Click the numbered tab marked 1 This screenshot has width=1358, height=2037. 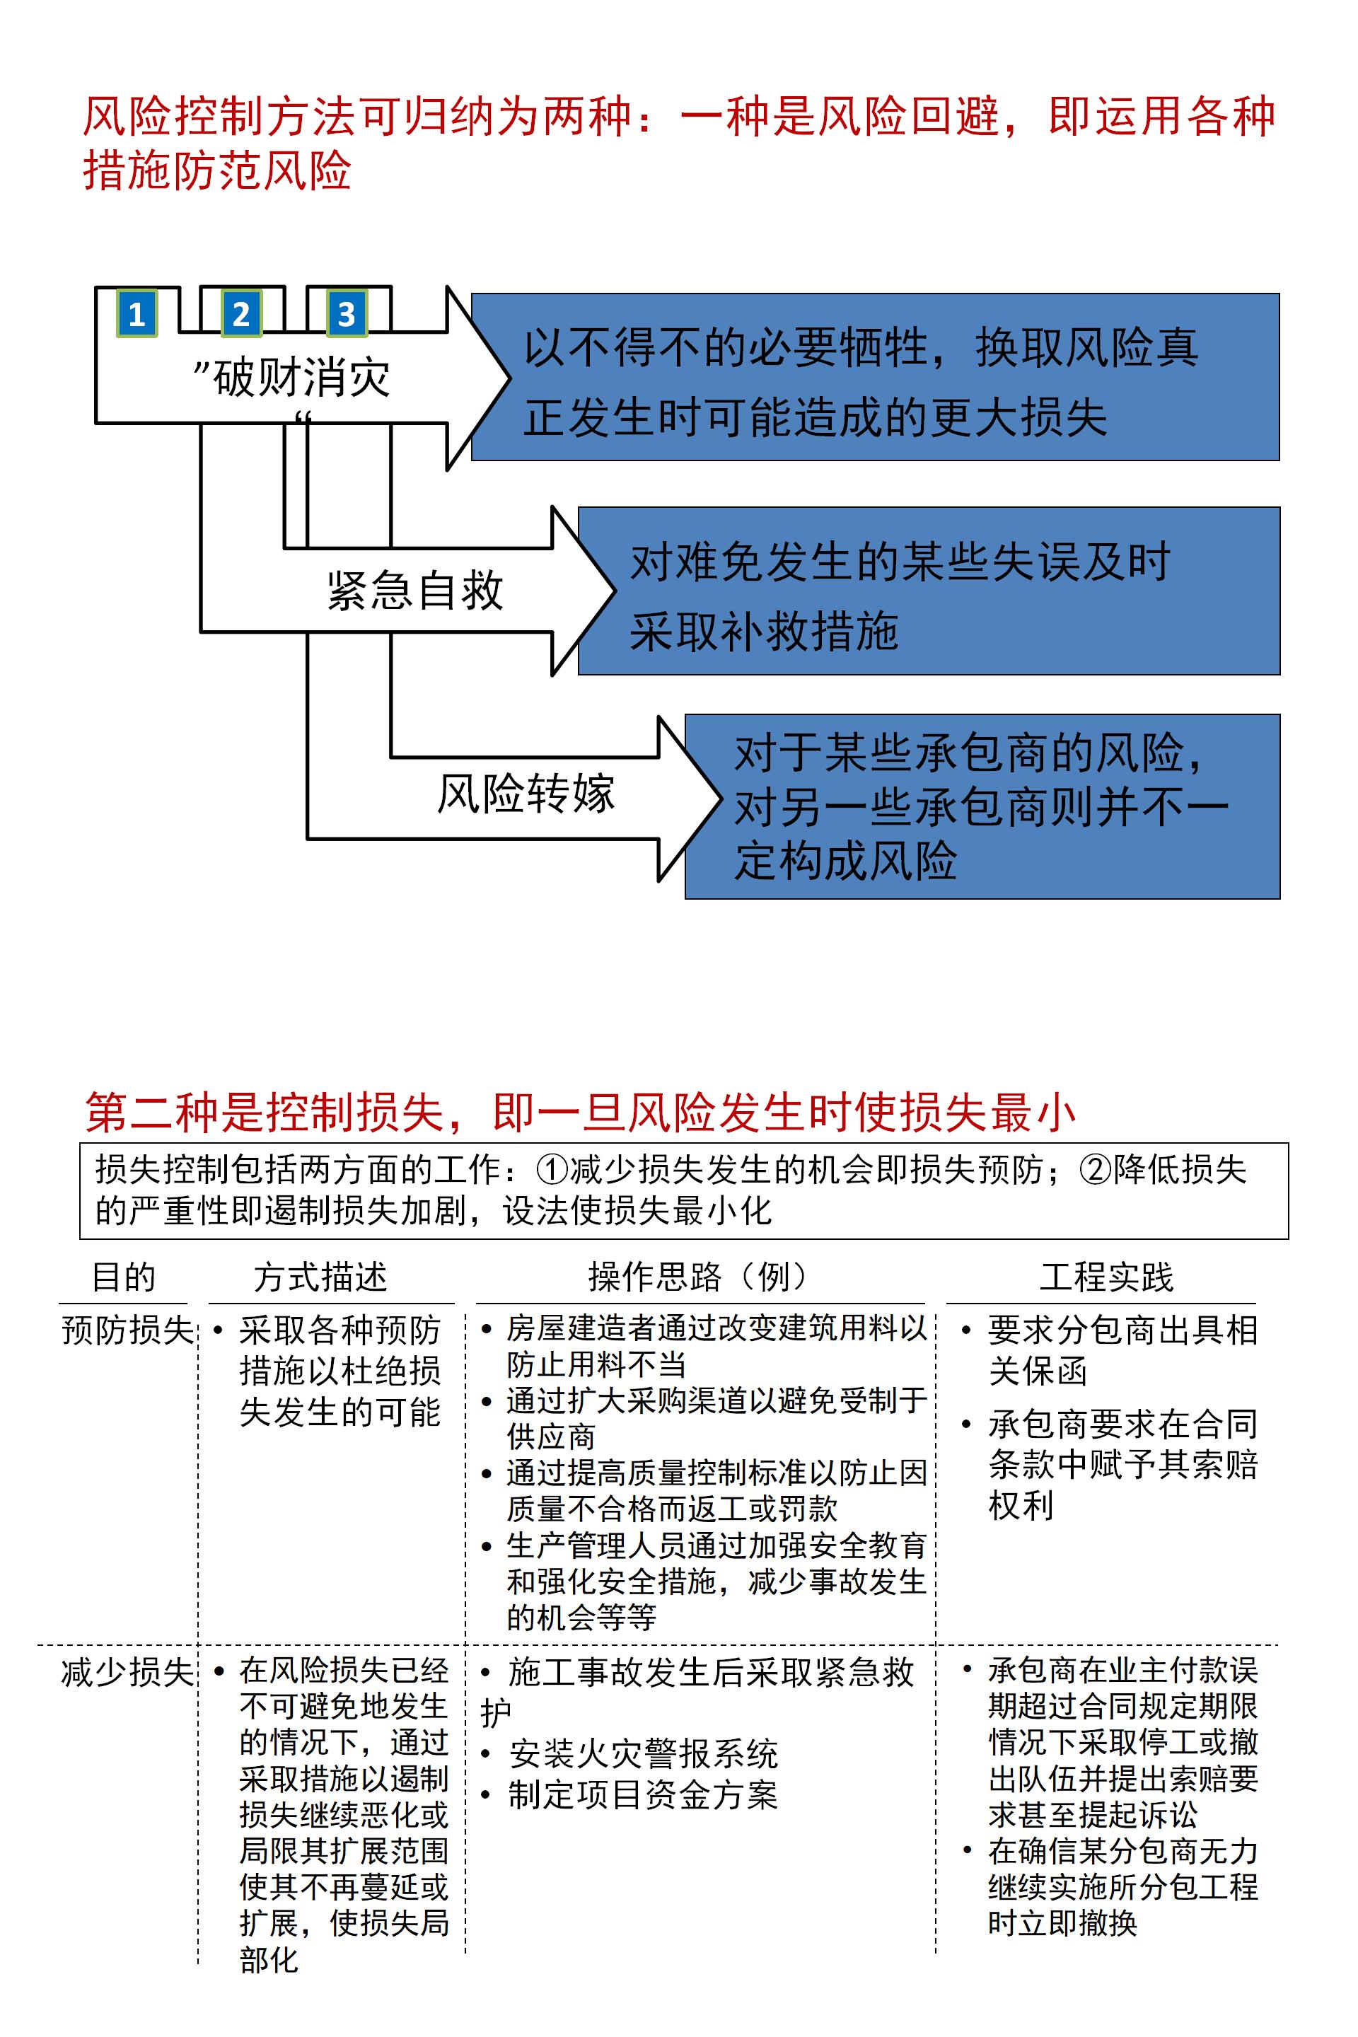pos(137,313)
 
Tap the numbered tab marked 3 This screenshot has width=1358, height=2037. pos(347,313)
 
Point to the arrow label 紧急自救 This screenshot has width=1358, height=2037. pos(415,591)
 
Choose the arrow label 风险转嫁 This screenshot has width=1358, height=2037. pos(526,794)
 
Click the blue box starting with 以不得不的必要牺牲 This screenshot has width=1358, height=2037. pos(875,378)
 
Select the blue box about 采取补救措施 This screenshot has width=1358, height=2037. pos(929,591)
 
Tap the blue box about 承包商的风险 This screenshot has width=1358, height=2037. pos(982,806)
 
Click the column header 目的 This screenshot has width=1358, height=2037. pos(123,1277)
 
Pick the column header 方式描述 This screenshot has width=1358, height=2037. pos(320,1277)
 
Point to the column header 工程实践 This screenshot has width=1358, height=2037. pos(1106,1277)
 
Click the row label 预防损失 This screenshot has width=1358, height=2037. pos(127,1330)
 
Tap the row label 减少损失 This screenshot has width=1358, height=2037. pos(127,1671)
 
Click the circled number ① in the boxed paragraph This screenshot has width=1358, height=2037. pos(552,1170)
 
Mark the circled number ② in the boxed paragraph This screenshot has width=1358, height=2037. pos(1095,1170)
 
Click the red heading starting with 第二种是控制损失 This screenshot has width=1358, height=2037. pos(580,1113)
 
